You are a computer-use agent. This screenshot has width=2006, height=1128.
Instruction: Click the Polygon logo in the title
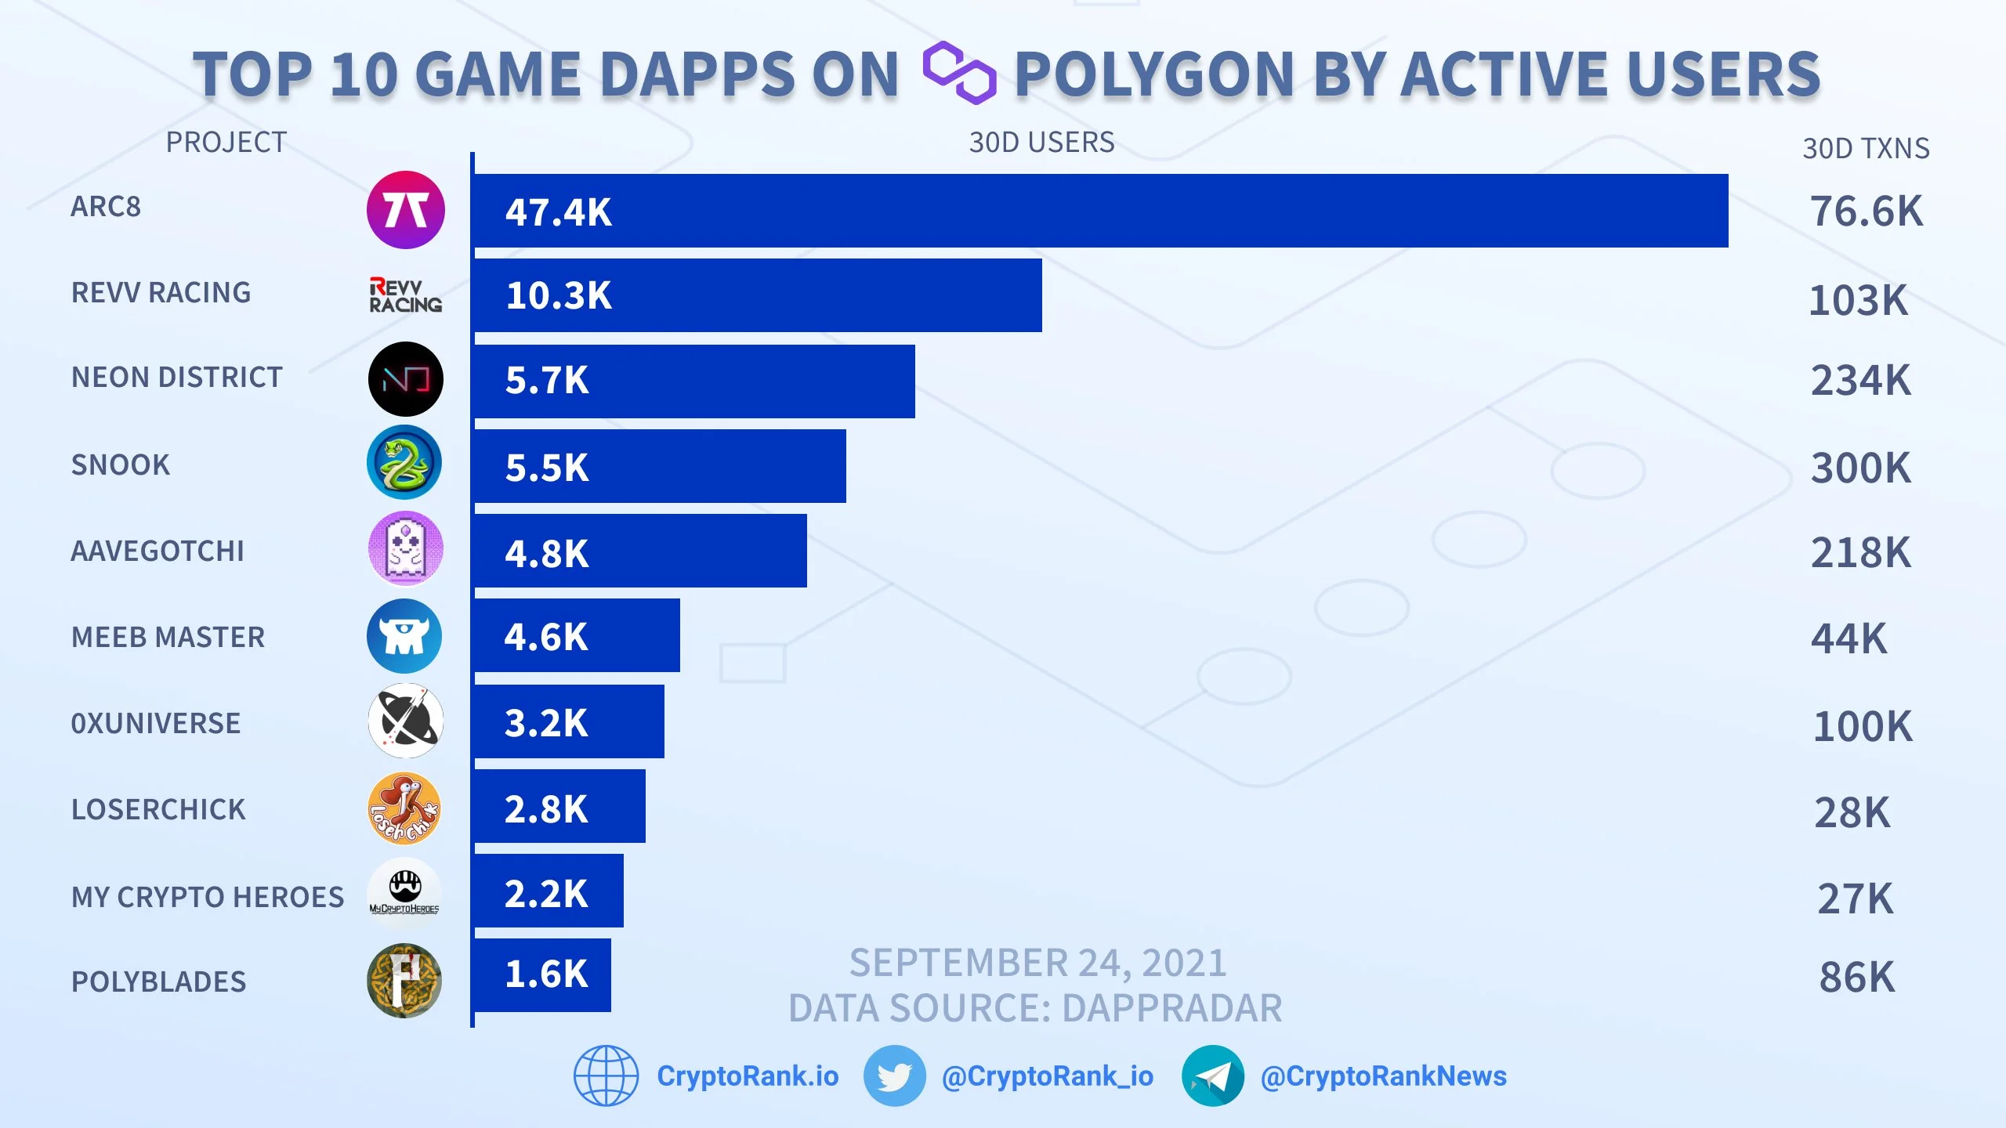(959, 73)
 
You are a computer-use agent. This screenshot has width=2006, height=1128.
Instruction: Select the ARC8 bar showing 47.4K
(1101, 211)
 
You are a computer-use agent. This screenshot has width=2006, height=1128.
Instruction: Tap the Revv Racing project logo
(406, 295)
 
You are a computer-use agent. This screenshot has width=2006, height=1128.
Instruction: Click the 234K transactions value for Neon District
(1860, 381)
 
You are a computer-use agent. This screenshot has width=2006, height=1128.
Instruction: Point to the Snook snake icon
(404, 462)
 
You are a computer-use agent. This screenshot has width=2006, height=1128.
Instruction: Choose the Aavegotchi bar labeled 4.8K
(640, 551)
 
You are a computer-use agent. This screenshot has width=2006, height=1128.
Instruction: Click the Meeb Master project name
(168, 637)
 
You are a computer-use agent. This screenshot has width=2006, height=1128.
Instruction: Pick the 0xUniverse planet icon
(406, 721)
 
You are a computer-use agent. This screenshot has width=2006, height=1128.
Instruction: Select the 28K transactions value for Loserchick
(1852, 812)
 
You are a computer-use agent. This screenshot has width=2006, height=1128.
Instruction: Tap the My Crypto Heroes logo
(404, 893)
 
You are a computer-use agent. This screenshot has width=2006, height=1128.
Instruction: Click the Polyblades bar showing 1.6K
(542, 975)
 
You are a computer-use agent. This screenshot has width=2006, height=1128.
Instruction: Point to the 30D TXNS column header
(1866, 148)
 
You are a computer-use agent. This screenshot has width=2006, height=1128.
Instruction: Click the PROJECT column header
(226, 143)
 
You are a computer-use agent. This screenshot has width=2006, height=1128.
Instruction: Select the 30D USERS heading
(1041, 143)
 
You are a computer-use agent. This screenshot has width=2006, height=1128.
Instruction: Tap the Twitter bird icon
(894, 1076)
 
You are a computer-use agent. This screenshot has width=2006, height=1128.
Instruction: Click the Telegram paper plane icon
(1212, 1076)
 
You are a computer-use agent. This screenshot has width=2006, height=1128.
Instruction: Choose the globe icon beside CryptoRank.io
(606, 1076)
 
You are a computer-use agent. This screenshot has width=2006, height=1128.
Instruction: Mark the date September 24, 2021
(1038, 963)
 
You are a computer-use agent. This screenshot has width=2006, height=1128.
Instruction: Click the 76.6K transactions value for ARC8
(1866, 211)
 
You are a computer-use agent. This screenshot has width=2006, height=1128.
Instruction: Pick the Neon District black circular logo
(406, 379)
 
